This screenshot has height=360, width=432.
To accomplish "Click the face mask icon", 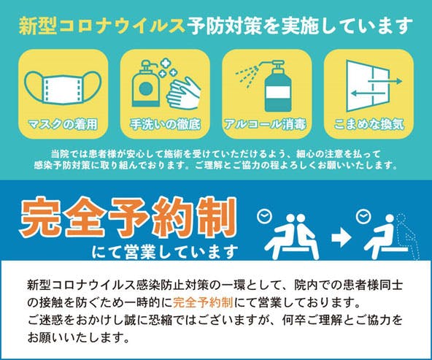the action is (63, 88).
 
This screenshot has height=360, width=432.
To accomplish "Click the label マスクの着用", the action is (63, 124).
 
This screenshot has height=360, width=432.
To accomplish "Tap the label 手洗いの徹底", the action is (165, 124).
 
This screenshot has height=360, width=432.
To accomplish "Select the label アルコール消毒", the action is (266, 124).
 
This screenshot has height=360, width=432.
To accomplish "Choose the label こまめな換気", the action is (369, 124).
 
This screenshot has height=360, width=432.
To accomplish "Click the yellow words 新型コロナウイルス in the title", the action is (101, 26).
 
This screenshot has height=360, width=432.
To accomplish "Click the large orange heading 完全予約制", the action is (128, 217).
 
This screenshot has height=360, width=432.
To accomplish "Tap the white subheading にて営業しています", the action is (165, 252).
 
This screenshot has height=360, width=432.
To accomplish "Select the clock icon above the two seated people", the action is (264, 215).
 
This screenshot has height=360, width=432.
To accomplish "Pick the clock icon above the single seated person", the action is (363, 217).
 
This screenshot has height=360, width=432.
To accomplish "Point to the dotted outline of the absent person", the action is (409, 237).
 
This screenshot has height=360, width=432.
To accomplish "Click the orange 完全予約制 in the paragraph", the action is (203, 302).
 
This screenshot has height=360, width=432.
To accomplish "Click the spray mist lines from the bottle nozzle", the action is (247, 75).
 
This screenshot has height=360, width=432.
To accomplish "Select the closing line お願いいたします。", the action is (78, 337).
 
